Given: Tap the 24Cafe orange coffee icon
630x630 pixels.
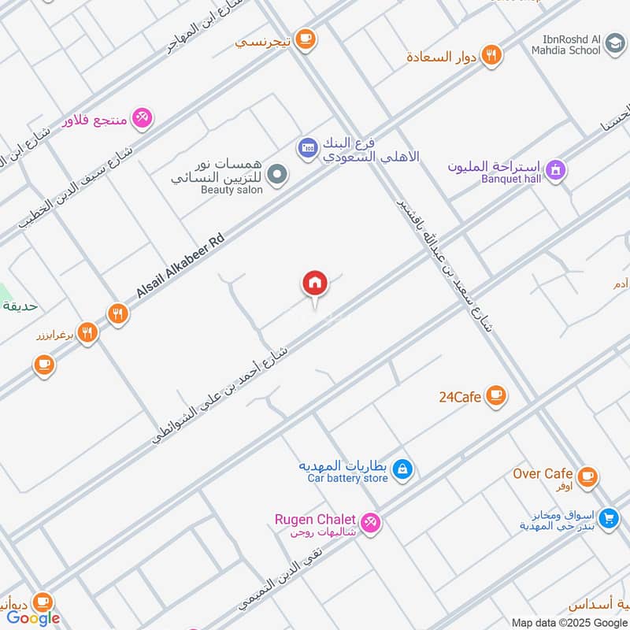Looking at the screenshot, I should [x=495, y=395].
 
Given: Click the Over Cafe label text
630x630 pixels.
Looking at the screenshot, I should [x=543, y=473].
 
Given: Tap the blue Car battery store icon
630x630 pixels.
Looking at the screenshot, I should [x=402, y=470].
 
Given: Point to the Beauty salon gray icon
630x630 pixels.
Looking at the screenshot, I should [x=276, y=174].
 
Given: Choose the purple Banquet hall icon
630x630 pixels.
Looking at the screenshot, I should [x=556, y=170].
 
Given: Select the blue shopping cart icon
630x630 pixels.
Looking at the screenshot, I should [x=607, y=518].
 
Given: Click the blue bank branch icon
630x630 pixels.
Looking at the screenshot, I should [x=307, y=146].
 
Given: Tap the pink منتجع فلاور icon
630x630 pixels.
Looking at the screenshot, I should [x=143, y=118].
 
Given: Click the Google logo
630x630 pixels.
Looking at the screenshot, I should [x=33, y=618].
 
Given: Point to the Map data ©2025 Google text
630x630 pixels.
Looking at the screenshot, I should [x=569, y=622].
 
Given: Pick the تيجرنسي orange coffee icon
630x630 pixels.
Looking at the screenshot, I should [x=306, y=39].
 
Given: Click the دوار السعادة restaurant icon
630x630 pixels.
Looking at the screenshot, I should [x=491, y=55].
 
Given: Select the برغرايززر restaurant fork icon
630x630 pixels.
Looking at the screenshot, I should [x=88, y=333].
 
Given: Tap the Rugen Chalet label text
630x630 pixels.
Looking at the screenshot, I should [x=315, y=519].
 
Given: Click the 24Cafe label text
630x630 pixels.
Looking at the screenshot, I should [x=460, y=397].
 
